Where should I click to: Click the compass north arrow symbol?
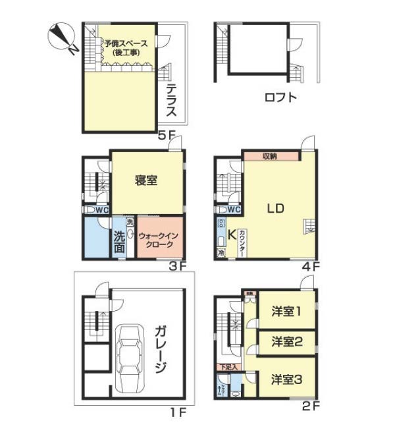point(63,38)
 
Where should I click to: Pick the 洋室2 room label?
point(286,341)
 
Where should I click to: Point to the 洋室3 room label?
point(286,379)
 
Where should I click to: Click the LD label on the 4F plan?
point(275,209)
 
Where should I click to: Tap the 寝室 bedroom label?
point(146,181)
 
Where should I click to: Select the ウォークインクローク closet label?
point(158,238)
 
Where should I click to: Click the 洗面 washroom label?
point(119,242)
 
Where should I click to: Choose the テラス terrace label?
point(171,101)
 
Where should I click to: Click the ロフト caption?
point(280,98)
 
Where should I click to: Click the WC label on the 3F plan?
point(101,210)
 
